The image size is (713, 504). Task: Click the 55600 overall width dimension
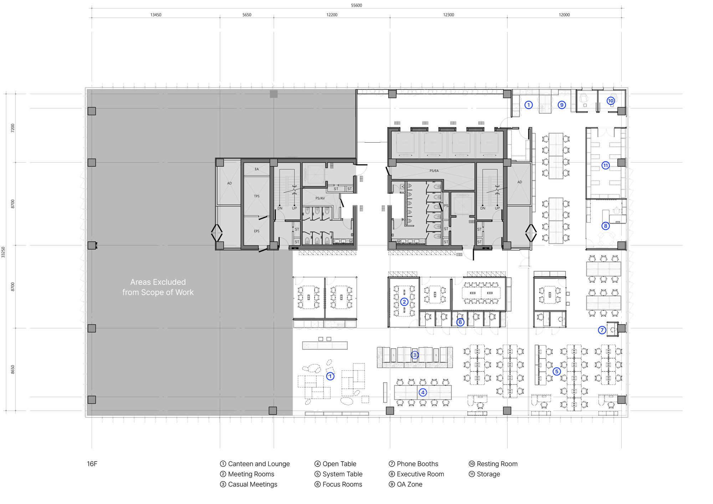tap(356, 5)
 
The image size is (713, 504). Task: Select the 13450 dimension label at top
tap(156, 15)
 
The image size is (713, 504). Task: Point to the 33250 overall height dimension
tap(3, 252)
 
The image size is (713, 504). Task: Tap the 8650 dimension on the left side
tap(13, 369)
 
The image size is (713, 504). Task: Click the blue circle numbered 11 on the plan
tap(605, 165)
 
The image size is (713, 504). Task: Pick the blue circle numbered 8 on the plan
tap(605, 226)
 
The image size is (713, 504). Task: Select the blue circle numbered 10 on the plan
tap(611, 101)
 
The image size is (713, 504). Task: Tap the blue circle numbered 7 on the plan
tap(602, 330)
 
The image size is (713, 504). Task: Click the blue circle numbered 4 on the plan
tap(423, 392)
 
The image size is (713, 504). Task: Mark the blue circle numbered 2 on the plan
tap(404, 302)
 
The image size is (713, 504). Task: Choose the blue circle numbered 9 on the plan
tap(562, 105)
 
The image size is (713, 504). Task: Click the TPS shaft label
tap(257, 196)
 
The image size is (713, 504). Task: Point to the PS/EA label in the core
tap(434, 171)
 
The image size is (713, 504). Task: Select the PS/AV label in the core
tap(320, 198)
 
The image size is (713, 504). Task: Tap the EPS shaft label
tap(257, 231)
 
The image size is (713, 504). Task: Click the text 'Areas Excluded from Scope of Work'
tap(158, 287)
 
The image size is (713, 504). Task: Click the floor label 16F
tap(92, 464)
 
